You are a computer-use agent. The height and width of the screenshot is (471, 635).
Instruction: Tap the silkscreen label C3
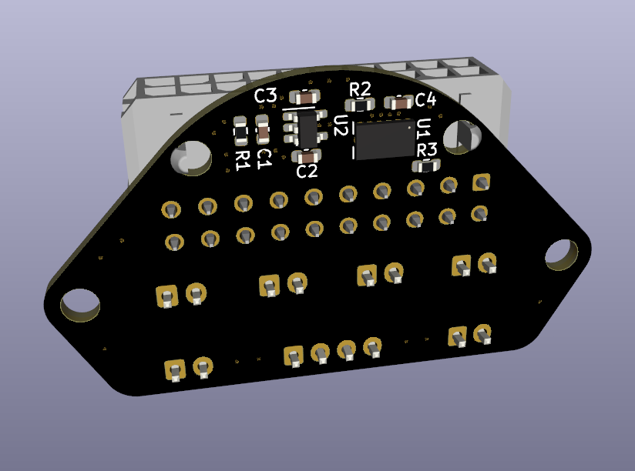pos(265,96)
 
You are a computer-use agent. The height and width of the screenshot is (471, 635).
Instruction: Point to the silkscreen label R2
pos(360,89)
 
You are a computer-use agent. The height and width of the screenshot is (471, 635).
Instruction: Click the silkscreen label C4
pos(425,100)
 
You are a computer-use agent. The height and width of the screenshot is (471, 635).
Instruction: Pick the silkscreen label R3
pos(426,149)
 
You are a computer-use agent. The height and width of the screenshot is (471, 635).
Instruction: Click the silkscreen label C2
pos(307,172)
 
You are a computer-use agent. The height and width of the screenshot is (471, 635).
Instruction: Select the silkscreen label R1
pos(242,159)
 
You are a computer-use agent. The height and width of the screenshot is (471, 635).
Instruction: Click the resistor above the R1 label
pos(241,132)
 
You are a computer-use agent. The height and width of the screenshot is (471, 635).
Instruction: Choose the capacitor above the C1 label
pos(263,132)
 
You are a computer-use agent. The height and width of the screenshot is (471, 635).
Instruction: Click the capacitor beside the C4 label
pos(400,102)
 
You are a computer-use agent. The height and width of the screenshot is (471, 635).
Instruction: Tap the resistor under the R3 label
pos(425,165)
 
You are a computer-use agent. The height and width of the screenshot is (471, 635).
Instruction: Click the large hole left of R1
pos(190,159)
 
